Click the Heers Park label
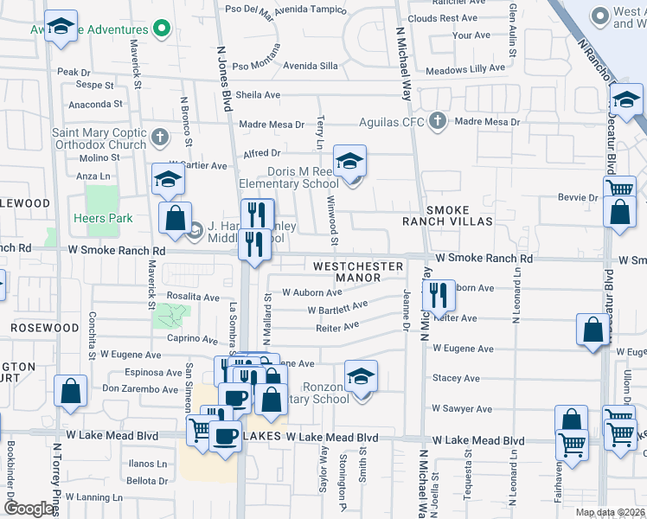[103, 218]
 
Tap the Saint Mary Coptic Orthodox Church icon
[159, 137]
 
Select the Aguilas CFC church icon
[438, 121]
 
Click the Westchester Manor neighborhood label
[358, 272]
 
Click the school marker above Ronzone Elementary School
[361, 375]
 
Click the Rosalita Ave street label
[194, 297]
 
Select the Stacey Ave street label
[456, 378]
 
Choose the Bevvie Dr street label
[580, 197]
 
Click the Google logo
[29, 509]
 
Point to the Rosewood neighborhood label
[44, 329]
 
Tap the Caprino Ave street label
[193, 339]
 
